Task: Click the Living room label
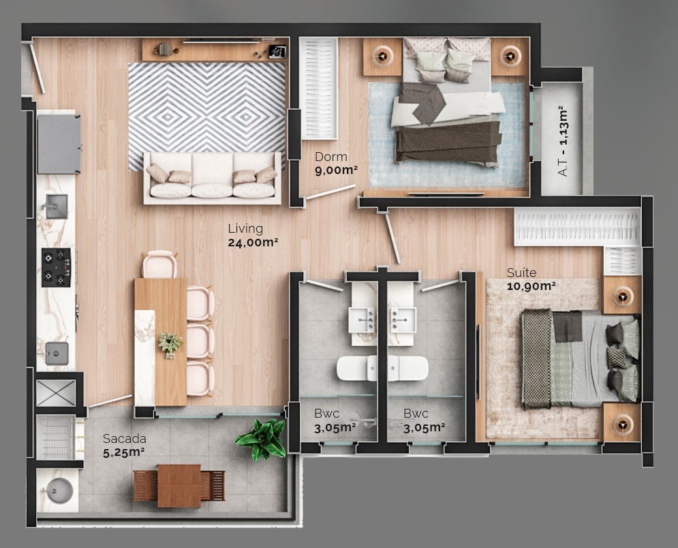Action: [245, 229]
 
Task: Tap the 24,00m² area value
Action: [253, 242]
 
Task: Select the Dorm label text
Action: [330, 157]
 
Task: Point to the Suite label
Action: [521, 273]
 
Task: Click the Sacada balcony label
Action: [124, 438]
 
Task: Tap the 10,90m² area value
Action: [531, 286]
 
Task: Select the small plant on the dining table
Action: [170, 343]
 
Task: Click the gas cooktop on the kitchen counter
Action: [56, 267]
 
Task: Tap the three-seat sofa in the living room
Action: [212, 179]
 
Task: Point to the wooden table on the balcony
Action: [179, 485]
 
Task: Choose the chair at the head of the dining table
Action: [160, 265]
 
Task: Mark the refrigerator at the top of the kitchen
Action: [59, 143]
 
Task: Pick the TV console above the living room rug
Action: [215, 50]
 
